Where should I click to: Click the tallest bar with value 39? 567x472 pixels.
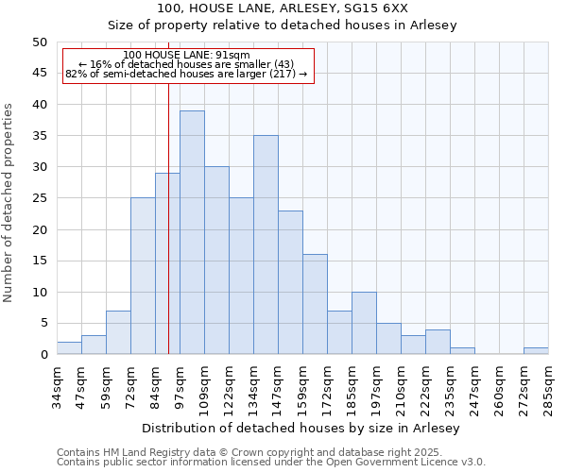[192, 232]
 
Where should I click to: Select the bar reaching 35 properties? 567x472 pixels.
[266, 244]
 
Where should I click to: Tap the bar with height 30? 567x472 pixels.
[216, 261]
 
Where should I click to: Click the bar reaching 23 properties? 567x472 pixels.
[290, 282]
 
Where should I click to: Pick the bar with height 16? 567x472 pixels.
[315, 304]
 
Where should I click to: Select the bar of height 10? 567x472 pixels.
[364, 323]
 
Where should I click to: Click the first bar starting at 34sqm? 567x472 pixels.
[69, 348]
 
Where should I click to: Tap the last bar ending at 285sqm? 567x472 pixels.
[536, 351]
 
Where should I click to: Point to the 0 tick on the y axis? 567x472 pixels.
[43, 355]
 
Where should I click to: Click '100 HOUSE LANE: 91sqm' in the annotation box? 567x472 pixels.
[186, 56]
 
